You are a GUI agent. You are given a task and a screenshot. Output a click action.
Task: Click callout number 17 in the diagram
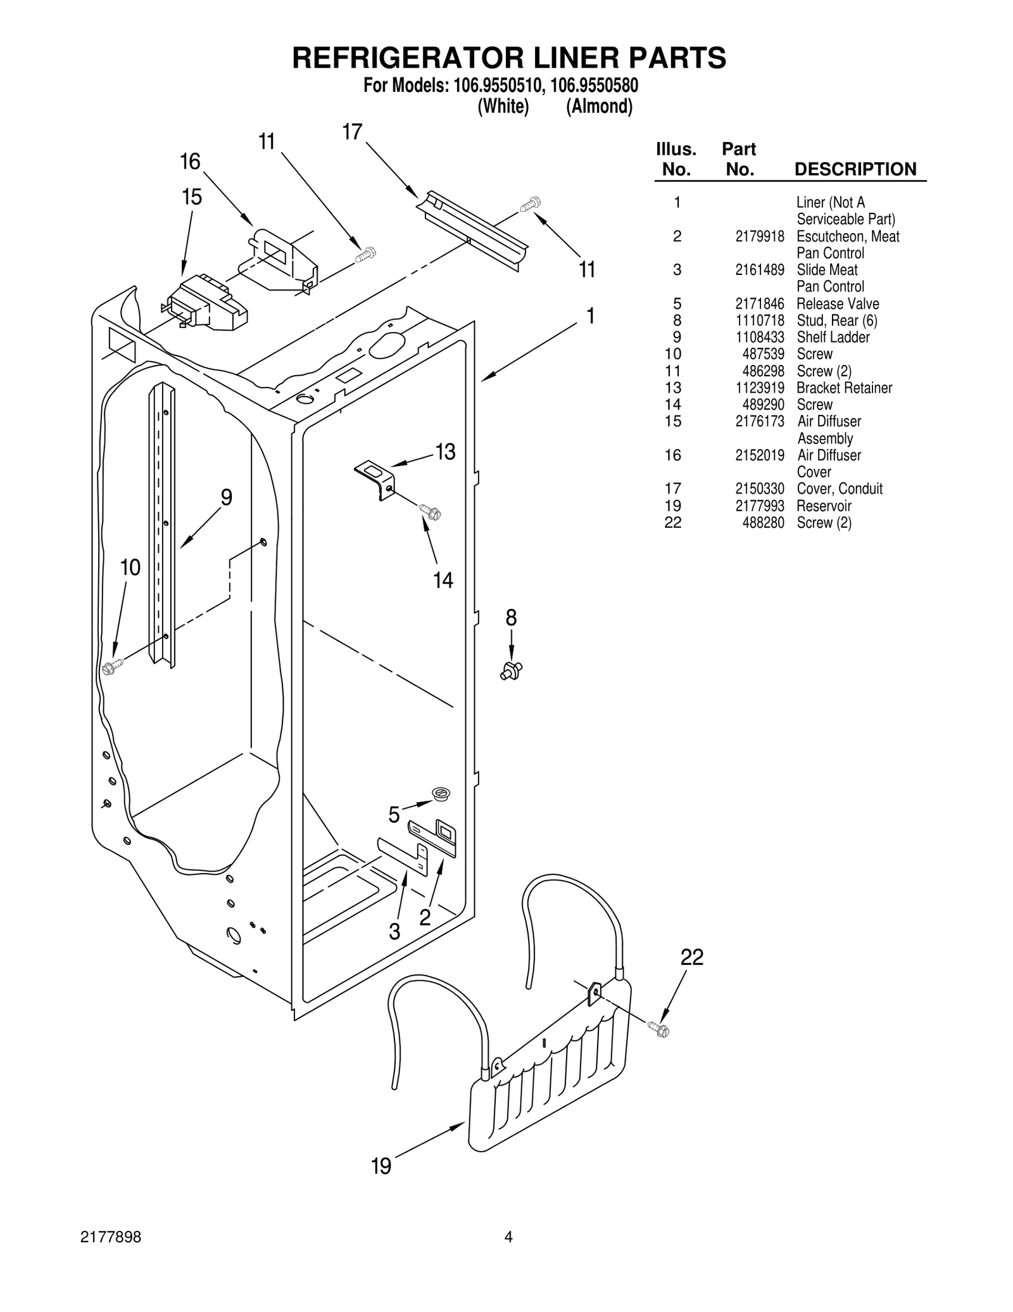point(352,132)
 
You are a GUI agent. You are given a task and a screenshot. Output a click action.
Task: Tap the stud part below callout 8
point(511,670)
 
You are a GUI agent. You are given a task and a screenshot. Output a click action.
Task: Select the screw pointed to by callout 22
point(658,1029)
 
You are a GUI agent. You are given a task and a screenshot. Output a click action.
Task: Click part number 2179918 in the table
point(759,236)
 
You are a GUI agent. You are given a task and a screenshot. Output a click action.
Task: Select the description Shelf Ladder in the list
point(833,337)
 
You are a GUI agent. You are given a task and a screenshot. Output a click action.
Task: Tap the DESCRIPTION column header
point(855,169)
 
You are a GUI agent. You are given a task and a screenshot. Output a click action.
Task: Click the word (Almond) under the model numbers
point(599,106)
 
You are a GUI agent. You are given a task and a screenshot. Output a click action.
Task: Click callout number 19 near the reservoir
point(381,1166)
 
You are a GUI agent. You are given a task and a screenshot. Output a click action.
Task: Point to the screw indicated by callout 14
point(430,511)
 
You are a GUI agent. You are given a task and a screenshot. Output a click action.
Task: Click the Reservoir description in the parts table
point(823,506)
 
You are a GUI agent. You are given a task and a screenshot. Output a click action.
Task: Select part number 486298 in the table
point(763,371)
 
